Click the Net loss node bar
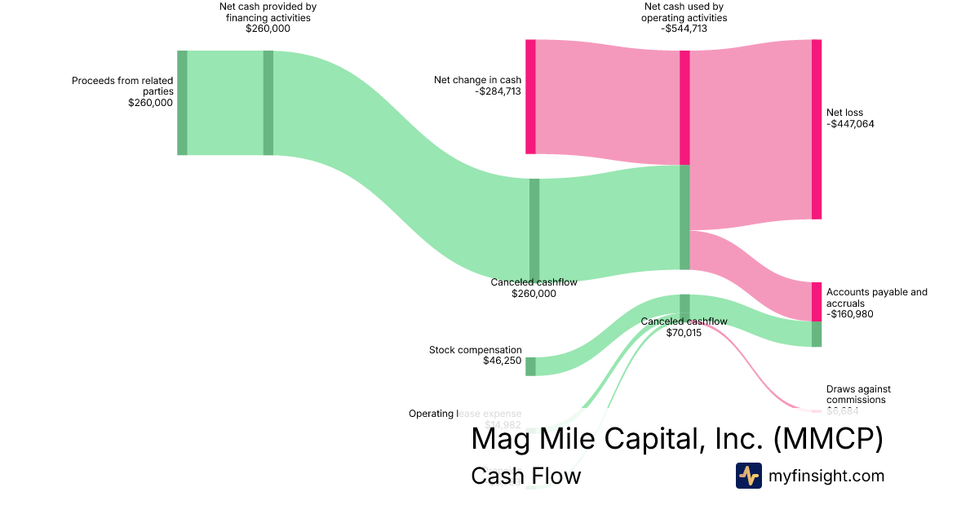[x=817, y=129]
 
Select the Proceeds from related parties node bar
[x=182, y=102]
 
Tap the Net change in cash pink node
[x=530, y=96]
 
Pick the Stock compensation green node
[x=530, y=366]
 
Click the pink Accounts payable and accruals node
[x=817, y=301]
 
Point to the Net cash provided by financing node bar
[x=268, y=102]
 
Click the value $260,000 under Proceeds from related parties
[x=150, y=103]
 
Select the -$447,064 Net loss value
[x=850, y=124]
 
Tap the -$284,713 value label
[x=498, y=91]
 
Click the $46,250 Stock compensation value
[x=502, y=361]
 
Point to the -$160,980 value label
[x=850, y=314]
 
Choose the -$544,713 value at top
[x=684, y=29]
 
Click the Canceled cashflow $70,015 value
[x=684, y=333]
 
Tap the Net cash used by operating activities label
[x=684, y=12]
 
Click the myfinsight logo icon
[x=748, y=476]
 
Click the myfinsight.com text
[x=826, y=476]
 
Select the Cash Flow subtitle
[x=525, y=476]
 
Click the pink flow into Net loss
[x=751, y=131]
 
